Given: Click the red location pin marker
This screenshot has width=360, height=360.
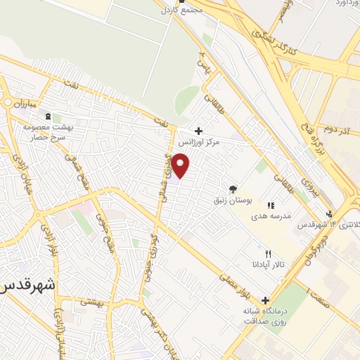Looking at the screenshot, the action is point(181,167).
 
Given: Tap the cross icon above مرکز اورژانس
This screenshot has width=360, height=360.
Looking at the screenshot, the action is point(198,131).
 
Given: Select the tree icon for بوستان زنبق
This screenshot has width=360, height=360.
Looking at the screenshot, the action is point(233,188).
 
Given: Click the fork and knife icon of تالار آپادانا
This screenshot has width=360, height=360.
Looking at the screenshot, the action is point(267,254).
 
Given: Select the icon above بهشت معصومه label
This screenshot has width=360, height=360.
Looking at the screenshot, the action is point(47,116).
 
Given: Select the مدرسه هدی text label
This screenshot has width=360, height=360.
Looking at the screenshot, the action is point(268,217).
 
